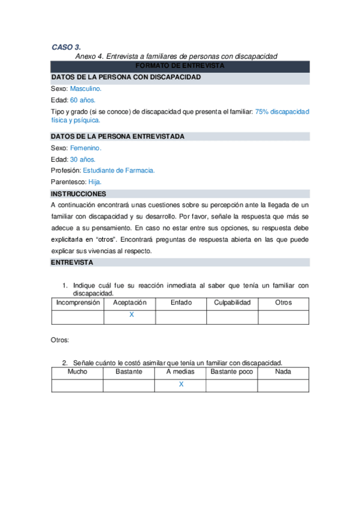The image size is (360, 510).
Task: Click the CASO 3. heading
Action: pyautogui.click(x=66, y=46)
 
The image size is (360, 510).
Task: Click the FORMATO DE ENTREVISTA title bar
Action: pyautogui.click(x=180, y=66)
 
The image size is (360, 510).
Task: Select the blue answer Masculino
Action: pyautogui.click(x=90, y=88)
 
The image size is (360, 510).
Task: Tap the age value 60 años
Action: pyautogui.click(x=82, y=100)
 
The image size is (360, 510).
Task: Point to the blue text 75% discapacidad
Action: pyautogui.click(x=281, y=112)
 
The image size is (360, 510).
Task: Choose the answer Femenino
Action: pyautogui.click(x=85, y=147)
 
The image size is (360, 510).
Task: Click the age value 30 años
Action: pyautogui.click(x=82, y=159)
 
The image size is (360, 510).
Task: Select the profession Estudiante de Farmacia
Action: pyautogui.click(x=119, y=170)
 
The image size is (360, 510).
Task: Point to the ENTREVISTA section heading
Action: pyautogui.click(x=72, y=262)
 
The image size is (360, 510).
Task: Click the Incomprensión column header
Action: pyautogui.click(x=78, y=303)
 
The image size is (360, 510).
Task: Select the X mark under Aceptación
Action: pyautogui.click(x=131, y=315)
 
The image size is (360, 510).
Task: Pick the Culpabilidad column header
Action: pyautogui.click(x=232, y=303)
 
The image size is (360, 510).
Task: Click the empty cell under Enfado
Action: pyautogui.click(x=181, y=316)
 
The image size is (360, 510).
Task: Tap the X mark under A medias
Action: pyautogui.click(x=181, y=384)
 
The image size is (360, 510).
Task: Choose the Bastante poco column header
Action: pyautogui.click(x=232, y=372)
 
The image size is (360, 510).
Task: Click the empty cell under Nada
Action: pyautogui.click(x=283, y=385)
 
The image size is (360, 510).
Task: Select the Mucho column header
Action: pyautogui.click(x=78, y=372)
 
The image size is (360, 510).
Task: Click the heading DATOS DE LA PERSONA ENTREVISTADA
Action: pyautogui.click(x=117, y=137)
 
